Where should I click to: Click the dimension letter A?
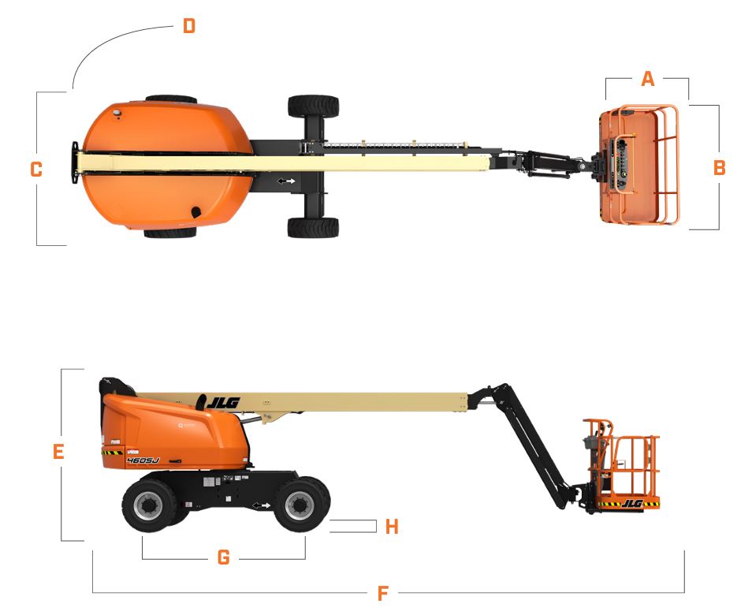pyautogui.click(x=647, y=79)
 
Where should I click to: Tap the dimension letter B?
pyautogui.click(x=720, y=167)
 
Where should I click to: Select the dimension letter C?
pyautogui.click(x=36, y=170)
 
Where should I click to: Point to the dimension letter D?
pyautogui.click(x=189, y=26)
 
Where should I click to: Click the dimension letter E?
pyautogui.click(x=58, y=452)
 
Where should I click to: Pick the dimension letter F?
pyautogui.click(x=382, y=594)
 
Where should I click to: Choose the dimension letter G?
pyautogui.click(x=224, y=557)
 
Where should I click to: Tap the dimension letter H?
pyautogui.click(x=392, y=527)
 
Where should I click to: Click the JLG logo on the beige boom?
pyautogui.click(x=222, y=402)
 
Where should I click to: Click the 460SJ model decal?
pyautogui.click(x=143, y=460)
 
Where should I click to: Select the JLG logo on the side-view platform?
pyautogui.click(x=632, y=503)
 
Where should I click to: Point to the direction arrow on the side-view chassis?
pyautogui.click(x=262, y=505)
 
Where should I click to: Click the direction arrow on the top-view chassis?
pyautogui.click(x=286, y=181)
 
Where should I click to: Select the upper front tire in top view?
pyautogui.click(x=313, y=106)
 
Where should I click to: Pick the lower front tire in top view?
pyautogui.click(x=313, y=227)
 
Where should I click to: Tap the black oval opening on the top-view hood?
pyautogui.click(x=196, y=212)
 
